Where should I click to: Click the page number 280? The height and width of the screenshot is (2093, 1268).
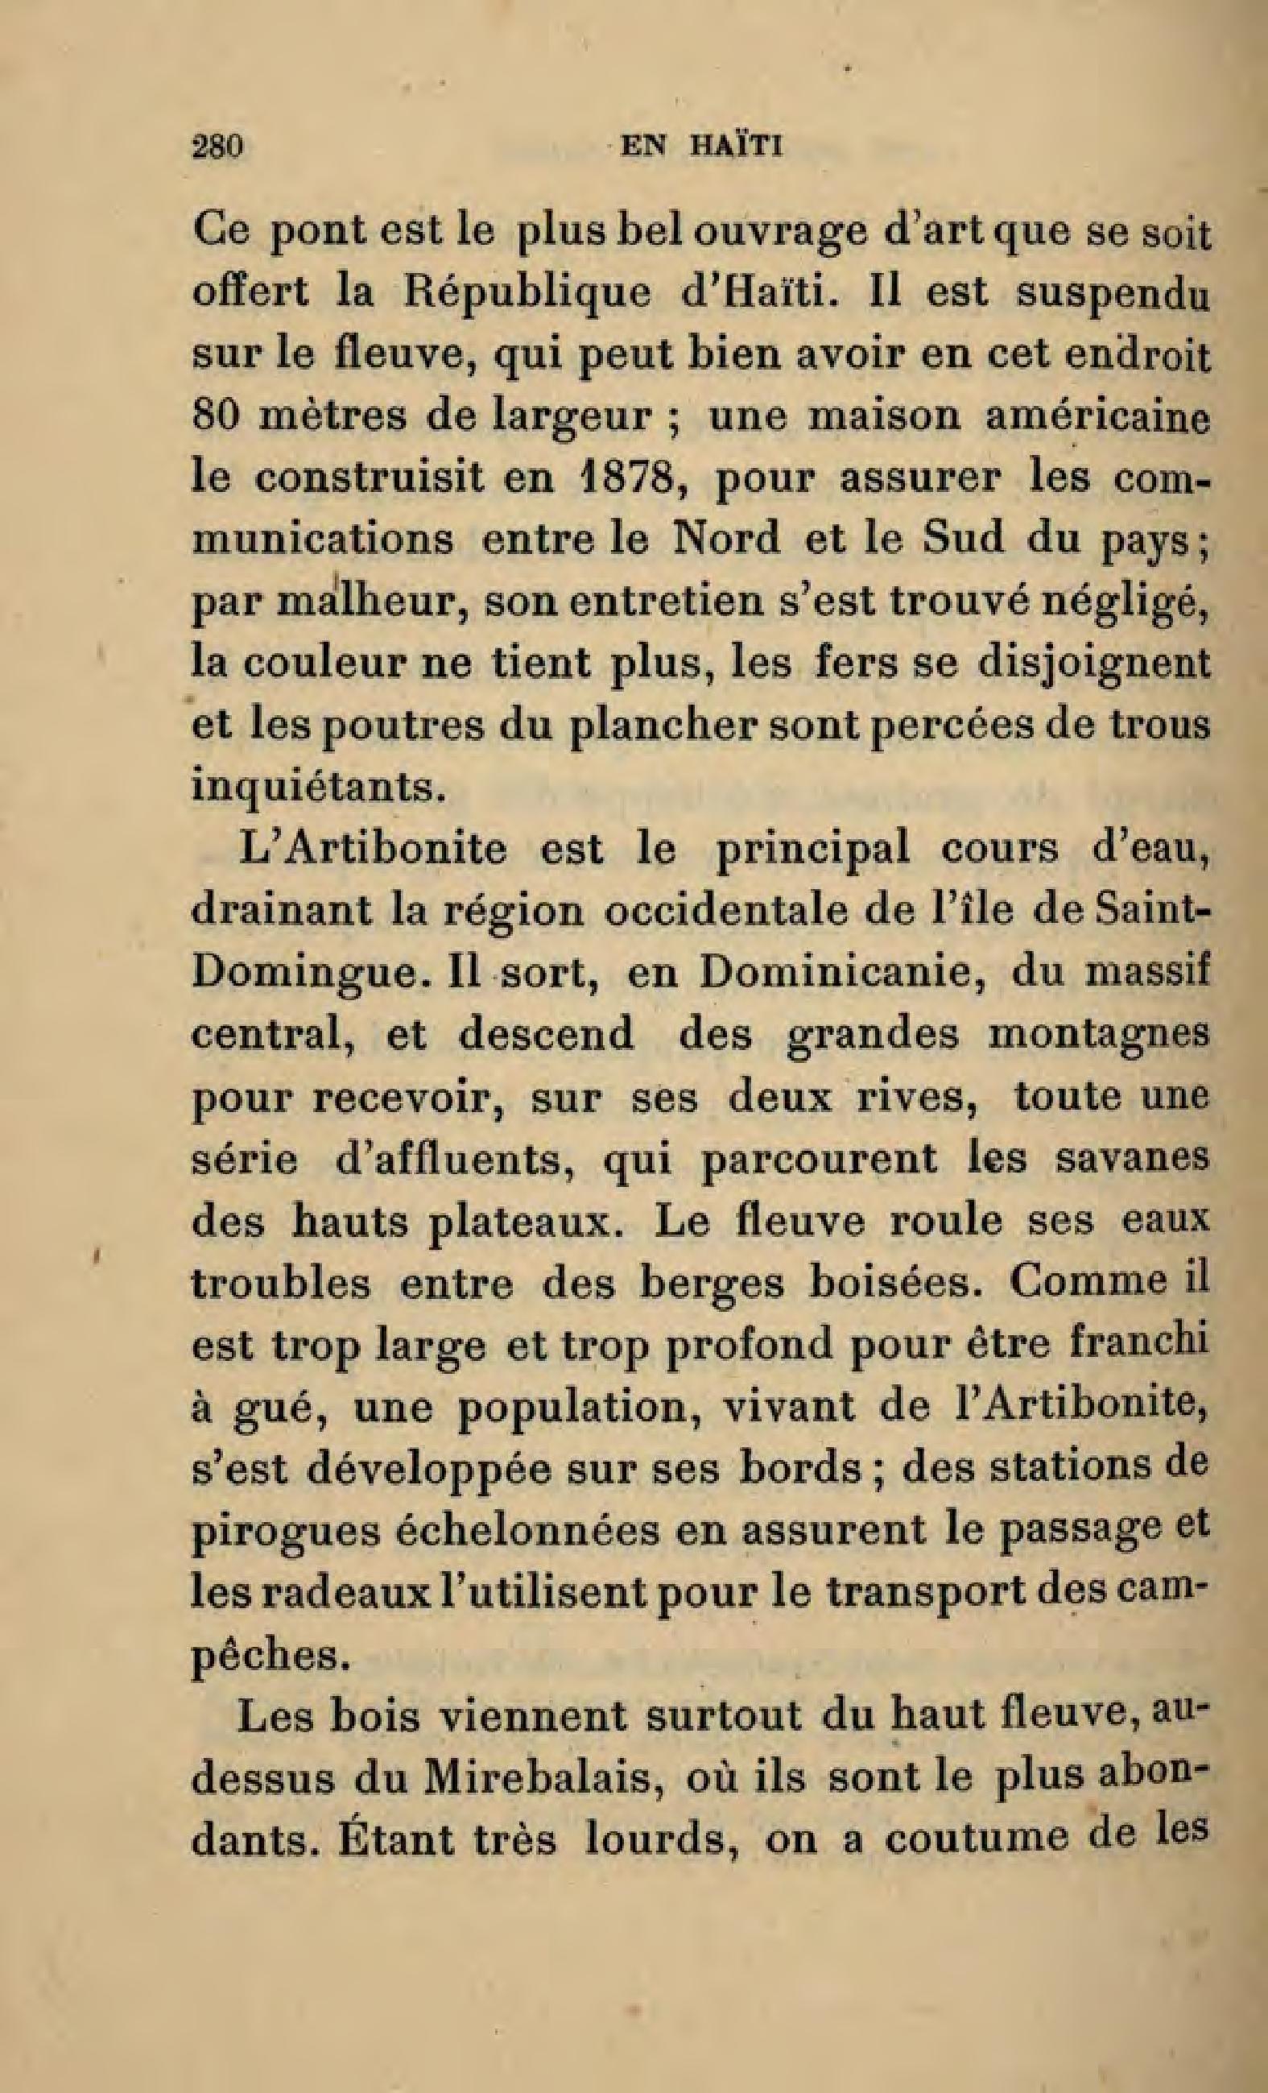point(219,147)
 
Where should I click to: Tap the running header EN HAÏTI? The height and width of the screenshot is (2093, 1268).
point(700,147)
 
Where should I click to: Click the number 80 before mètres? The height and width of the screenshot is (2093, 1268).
point(215,417)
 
